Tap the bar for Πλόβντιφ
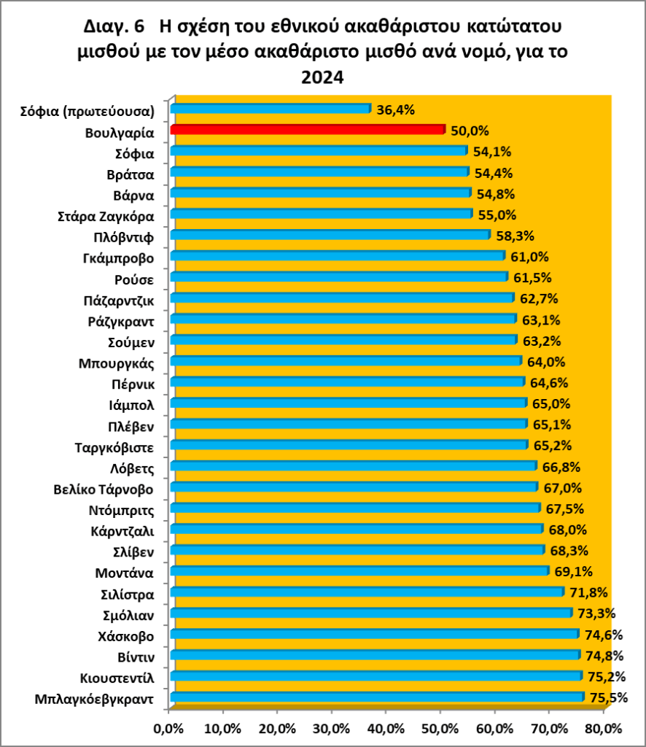click(x=330, y=235)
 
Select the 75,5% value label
click(x=609, y=698)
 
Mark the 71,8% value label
click(x=588, y=592)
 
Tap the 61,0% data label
click(x=530, y=257)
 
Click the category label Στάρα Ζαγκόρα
click(x=105, y=216)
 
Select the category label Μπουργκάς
click(x=120, y=363)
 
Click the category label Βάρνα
click(x=133, y=196)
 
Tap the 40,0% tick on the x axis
click(x=386, y=728)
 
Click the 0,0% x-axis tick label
click(x=168, y=728)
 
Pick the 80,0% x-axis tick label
click(x=603, y=728)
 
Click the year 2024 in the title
click(x=322, y=77)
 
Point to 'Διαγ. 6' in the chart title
click(x=115, y=28)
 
